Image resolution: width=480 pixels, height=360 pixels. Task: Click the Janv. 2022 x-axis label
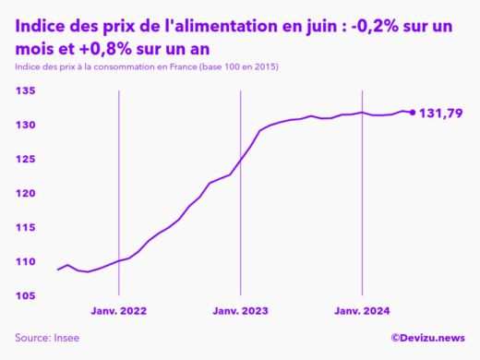[x=118, y=311]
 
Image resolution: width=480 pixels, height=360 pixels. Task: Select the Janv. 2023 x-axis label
[x=240, y=311]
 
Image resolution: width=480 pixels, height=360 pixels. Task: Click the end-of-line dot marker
[x=412, y=113]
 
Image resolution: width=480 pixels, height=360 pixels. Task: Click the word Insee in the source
[x=66, y=337]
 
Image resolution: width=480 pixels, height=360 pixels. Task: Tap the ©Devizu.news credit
[x=428, y=337]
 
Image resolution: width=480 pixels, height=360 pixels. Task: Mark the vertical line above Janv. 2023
[x=240, y=185]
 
